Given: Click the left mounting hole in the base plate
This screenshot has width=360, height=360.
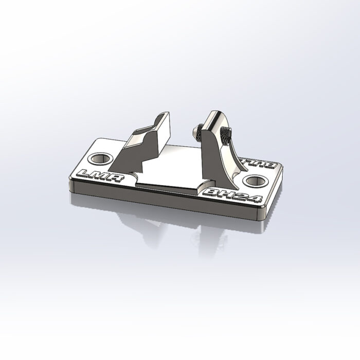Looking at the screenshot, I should click(101, 158).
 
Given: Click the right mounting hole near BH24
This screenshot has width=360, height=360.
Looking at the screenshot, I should click(254, 181).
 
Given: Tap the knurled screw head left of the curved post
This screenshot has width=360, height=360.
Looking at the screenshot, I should click(197, 133).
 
